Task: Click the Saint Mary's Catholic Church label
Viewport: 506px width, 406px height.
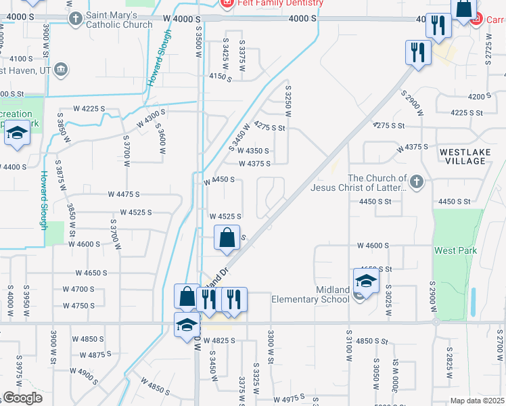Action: click(119, 20)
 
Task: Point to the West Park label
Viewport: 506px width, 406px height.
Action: click(455, 250)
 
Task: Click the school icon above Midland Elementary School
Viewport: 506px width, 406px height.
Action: click(365, 280)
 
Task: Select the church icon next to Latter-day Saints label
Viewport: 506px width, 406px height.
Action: click(417, 181)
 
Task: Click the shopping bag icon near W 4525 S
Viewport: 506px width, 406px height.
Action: click(228, 238)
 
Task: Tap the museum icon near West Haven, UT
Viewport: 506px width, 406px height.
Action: click(61, 70)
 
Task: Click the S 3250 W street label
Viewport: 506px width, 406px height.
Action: click(288, 97)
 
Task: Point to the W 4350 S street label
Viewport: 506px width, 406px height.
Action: click(254, 151)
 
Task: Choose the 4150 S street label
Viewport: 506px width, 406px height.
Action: click(220, 78)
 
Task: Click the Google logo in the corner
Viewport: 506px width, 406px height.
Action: click(22, 398)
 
